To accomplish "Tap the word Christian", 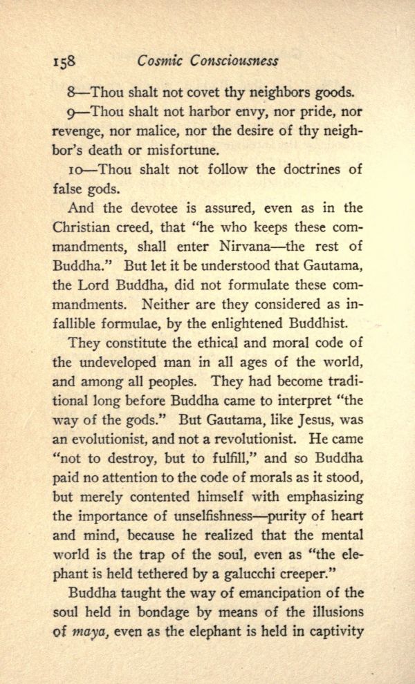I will click(81, 227).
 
